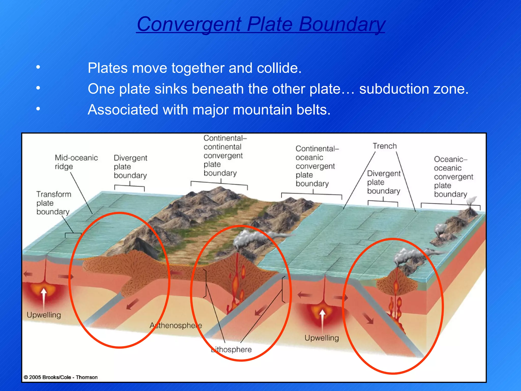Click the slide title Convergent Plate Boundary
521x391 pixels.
pos(260,24)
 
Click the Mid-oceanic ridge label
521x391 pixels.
pos(76,162)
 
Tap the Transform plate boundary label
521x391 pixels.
pos(53,203)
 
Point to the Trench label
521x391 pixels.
pos(385,146)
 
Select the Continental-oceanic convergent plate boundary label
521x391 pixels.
pos(315,166)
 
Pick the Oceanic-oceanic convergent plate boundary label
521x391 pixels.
pos(453,177)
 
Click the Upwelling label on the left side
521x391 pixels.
pos(44,315)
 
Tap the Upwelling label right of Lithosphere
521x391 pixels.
pos(322,338)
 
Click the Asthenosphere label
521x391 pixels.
pos(176,325)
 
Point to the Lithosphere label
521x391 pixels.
pos(231,350)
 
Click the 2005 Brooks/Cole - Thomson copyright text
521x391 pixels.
pos(61,377)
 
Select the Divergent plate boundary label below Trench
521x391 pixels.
pos(383,182)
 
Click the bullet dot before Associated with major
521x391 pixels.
pos(38,109)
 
